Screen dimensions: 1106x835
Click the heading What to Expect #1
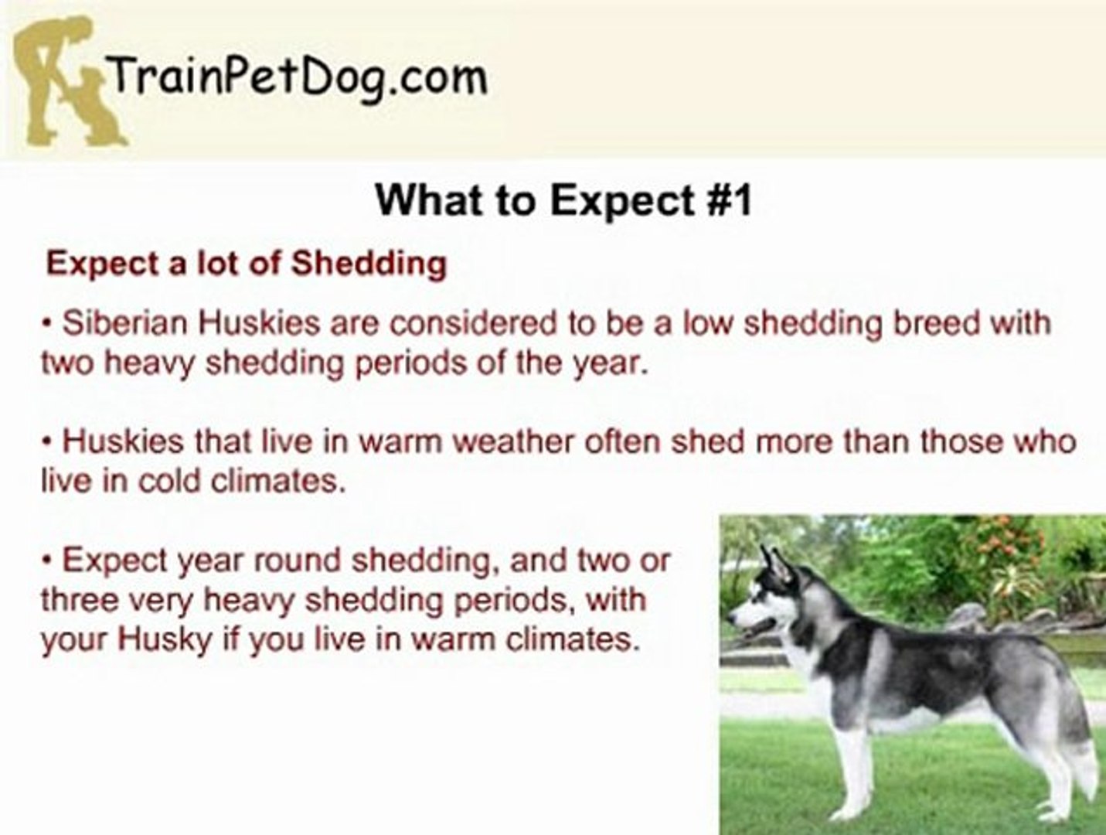pyautogui.click(x=563, y=200)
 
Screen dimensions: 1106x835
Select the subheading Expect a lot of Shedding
pyautogui.click(x=247, y=264)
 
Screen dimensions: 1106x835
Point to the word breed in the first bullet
pyautogui.click(x=937, y=323)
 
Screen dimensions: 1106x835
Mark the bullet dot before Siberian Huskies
pyautogui.click(x=47, y=323)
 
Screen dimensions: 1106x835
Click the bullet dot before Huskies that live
pyautogui.click(x=47, y=442)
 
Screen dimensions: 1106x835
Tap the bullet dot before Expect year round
pyautogui.click(x=47, y=561)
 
